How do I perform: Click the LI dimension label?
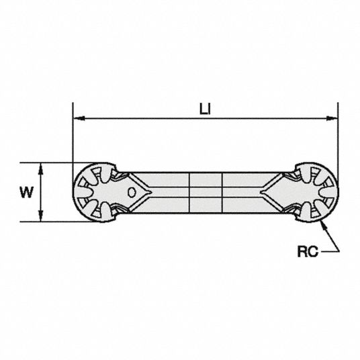coord(205,109)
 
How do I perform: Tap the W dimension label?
coord(27,192)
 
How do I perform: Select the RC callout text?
coord(308,251)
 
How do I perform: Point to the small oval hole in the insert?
coord(132,192)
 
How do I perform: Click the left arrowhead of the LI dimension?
coord(79,118)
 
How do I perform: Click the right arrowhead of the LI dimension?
coord(332,118)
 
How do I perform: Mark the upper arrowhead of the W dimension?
coord(41,169)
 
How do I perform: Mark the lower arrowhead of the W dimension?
coord(41,216)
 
